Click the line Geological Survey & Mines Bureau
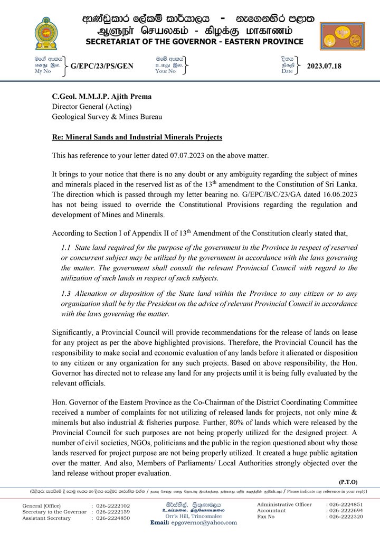click(107, 117)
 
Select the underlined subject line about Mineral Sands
click(137, 137)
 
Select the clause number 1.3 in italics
click(66, 294)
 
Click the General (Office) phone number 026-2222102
click(113, 505)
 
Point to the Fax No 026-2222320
click(348, 517)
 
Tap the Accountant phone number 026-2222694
click(348, 511)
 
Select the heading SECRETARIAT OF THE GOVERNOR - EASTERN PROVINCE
click(195, 42)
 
